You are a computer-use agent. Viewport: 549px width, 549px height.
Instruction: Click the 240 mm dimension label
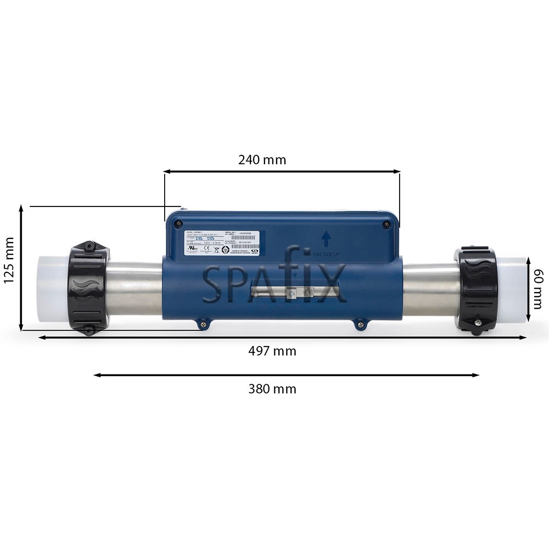click(262, 160)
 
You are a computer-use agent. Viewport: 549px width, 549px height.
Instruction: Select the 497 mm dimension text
click(272, 351)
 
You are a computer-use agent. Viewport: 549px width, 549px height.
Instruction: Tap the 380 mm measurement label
click(272, 389)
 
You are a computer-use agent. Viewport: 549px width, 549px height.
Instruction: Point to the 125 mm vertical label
click(9, 267)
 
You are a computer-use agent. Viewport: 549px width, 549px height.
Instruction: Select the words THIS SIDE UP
click(327, 254)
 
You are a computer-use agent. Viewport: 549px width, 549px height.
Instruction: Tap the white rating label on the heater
click(222, 242)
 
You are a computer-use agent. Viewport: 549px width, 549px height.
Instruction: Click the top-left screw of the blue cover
click(178, 223)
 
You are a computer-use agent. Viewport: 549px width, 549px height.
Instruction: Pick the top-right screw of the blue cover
click(387, 224)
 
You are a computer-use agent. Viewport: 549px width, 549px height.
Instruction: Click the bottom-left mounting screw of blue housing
click(203, 326)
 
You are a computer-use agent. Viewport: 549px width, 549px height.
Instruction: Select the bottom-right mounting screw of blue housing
click(360, 326)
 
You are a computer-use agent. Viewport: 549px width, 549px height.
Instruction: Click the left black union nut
click(88, 288)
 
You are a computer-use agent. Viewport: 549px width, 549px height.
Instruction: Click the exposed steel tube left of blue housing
click(135, 288)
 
